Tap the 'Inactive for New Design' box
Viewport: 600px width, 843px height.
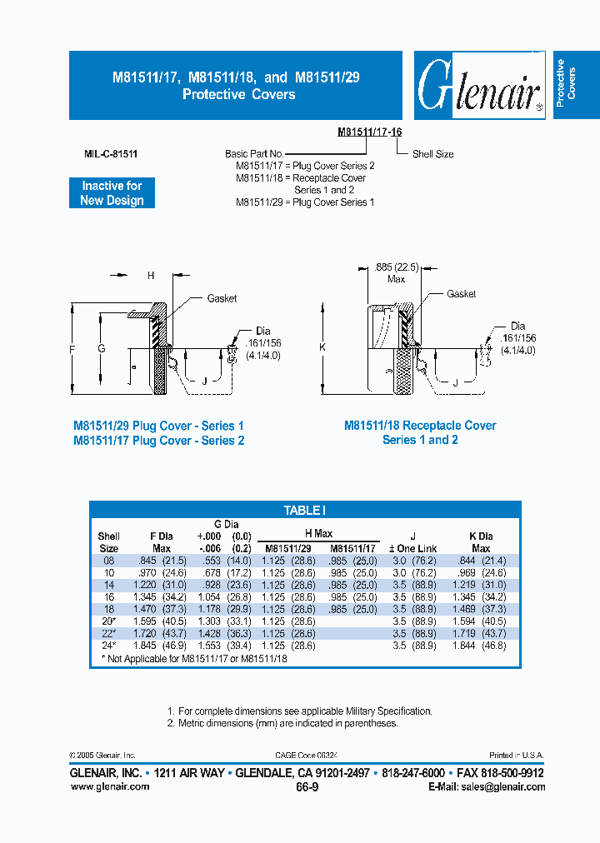[x=112, y=193]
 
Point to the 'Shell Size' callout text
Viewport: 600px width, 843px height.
[x=432, y=154]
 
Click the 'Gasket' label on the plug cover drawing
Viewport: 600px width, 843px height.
[x=222, y=298]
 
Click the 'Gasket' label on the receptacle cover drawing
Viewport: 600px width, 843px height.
[x=461, y=294]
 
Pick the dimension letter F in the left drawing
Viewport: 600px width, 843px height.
[x=72, y=349]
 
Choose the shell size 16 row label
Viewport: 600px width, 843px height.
[x=107, y=597]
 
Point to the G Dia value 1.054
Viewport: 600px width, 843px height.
[x=208, y=597]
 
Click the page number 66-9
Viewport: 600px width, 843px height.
[x=307, y=786]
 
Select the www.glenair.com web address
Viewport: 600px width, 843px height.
[x=110, y=786]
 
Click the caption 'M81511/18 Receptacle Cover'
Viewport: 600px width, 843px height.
[x=420, y=426]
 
